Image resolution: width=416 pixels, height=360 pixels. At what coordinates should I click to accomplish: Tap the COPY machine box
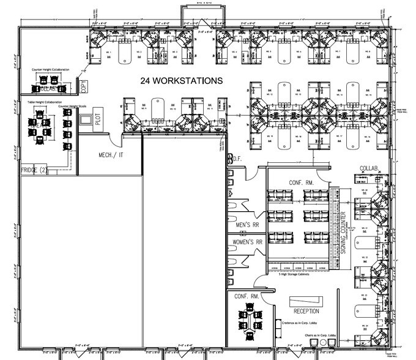(x=84, y=87)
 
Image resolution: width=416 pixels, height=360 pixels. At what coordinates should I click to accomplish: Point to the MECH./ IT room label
(x=112, y=156)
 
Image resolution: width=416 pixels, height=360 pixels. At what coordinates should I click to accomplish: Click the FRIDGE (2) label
(x=34, y=170)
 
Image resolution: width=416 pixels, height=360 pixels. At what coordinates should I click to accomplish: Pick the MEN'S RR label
(x=249, y=225)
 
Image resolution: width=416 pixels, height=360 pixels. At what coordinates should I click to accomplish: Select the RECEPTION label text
(x=306, y=311)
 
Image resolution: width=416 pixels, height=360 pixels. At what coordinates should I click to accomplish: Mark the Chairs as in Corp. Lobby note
(x=319, y=336)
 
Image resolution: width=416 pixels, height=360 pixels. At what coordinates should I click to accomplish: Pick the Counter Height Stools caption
(x=72, y=106)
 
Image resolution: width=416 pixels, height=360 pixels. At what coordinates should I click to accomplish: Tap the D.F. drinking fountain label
(x=237, y=159)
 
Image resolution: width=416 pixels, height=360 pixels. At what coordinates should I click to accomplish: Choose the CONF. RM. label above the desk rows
(x=302, y=182)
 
